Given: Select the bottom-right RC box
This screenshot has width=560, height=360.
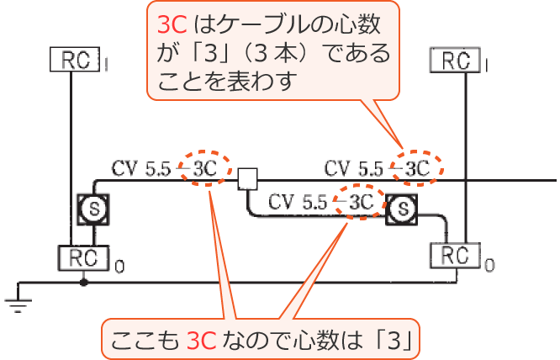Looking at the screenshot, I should point(454,255).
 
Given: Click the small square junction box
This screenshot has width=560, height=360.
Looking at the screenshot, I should point(246,178).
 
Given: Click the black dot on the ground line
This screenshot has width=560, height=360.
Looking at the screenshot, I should point(83,283).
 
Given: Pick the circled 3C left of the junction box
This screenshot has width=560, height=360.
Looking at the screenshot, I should point(205,168).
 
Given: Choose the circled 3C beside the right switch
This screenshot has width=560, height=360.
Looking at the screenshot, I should point(360,203).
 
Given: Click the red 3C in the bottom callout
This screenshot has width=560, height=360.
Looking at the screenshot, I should point(203,339).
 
